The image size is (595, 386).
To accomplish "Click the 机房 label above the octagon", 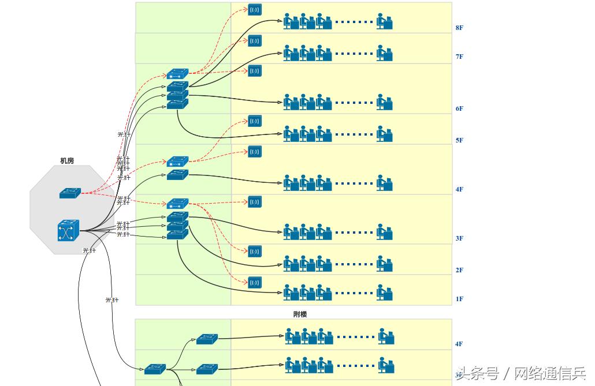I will pos(67,161).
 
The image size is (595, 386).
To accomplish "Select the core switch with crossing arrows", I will pos(68,231).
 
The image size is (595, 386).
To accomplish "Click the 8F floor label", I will pos(459,28).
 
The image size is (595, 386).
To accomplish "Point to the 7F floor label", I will pos(459,57).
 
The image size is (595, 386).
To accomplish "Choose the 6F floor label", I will pos(459,108).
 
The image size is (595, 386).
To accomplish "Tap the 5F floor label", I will pos(459,140).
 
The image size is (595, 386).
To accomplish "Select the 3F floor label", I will pos(459,238).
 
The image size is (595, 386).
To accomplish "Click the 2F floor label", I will pos(459,270).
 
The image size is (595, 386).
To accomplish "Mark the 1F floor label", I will pos(459,299).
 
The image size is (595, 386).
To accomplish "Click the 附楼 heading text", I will pos(300,314).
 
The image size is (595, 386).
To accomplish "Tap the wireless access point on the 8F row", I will pos(255,10).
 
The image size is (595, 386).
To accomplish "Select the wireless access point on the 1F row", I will pos(255,283).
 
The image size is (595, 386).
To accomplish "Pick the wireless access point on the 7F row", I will pos(255,41).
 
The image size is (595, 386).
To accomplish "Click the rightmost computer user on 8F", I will pos(385,21).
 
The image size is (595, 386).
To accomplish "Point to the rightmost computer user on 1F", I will pos(385,293).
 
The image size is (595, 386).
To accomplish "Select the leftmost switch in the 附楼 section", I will pos(155,369).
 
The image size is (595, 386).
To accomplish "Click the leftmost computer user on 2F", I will pos(291,264).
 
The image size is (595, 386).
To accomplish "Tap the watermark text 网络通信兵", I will pos(549,373).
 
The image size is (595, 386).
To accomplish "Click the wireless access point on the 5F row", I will pos(255,121).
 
